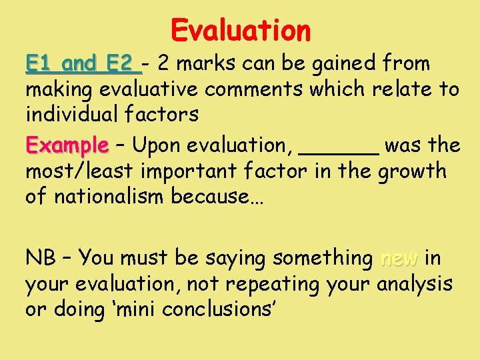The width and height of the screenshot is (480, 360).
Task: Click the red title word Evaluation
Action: coord(241,30)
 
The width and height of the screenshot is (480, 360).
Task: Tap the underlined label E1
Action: coord(42,64)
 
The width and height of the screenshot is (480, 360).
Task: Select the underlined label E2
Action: coord(121,64)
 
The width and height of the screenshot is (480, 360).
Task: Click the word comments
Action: coord(263,89)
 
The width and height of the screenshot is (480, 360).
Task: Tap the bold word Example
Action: coord(67,145)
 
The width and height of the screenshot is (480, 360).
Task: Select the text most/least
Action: coord(79,171)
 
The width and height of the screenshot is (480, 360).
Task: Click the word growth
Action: coord(412,171)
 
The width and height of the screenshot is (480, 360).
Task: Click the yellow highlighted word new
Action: coord(398,258)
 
